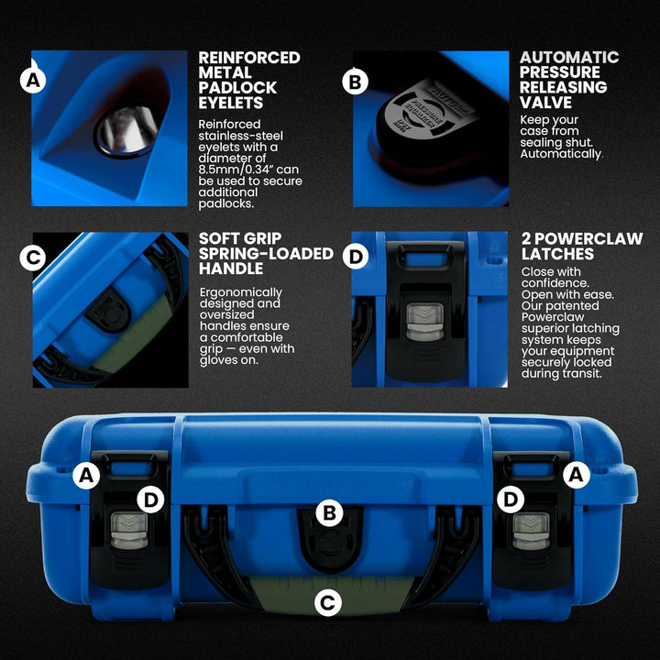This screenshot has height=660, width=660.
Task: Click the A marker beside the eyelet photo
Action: tap(34, 82)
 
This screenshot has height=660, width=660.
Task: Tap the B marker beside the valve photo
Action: tap(355, 82)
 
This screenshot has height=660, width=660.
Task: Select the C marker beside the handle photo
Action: tap(34, 258)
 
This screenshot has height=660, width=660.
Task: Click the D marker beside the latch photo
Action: tap(355, 258)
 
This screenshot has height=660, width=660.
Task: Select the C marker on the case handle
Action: tap(327, 602)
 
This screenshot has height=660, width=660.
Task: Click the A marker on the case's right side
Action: tap(576, 474)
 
